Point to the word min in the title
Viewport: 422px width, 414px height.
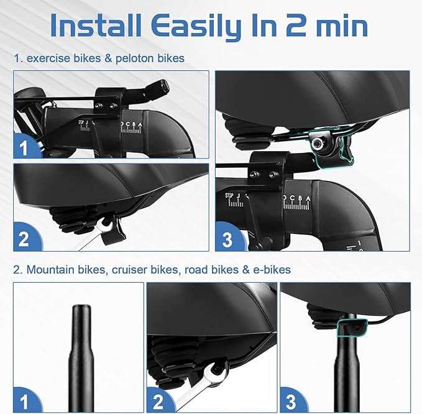point(338,25)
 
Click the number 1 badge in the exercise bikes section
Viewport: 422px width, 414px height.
point(24,148)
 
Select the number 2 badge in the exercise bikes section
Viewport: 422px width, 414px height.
point(24,239)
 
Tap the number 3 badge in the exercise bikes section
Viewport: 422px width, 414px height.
point(227,239)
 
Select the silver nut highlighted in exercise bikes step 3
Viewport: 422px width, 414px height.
point(319,143)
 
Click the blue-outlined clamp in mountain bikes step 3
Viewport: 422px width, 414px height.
point(349,328)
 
